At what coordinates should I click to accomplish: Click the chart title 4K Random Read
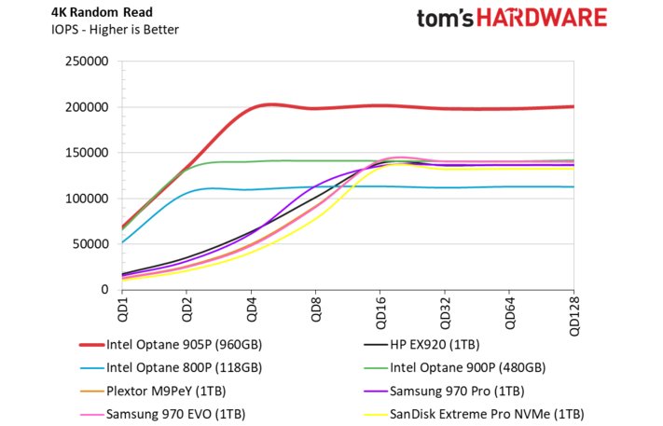point(82,11)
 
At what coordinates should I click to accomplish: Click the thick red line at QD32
point(445,108)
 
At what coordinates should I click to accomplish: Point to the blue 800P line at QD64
point(509,186)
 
